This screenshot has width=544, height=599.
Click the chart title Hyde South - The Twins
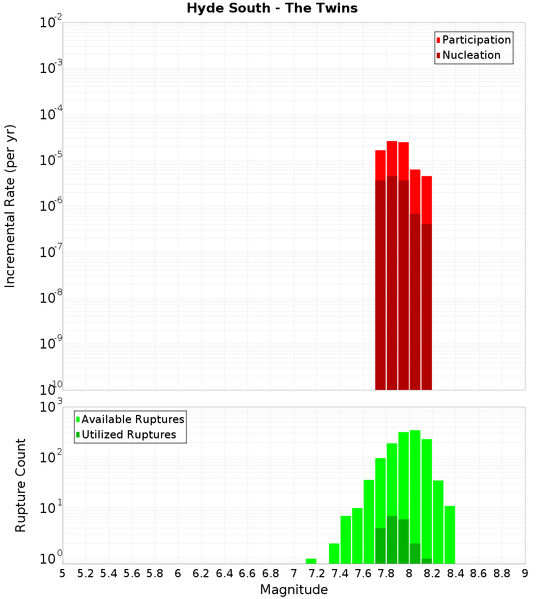[272, 9]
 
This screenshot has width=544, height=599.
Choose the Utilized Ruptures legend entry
[128, 435]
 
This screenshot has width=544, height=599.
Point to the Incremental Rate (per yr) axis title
[10, 206]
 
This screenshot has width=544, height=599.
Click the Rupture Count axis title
[21, 485]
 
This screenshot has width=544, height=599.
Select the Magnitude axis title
[294, 590]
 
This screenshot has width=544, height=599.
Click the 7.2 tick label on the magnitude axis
[317, 573]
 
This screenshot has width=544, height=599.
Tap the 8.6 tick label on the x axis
[479, 573]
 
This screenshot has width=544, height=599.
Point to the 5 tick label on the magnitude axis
[63, 573]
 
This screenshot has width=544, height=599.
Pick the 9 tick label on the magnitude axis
[525, 573]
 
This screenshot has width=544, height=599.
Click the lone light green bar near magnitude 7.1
[311, 561]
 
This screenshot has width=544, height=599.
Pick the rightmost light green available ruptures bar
[450, 534]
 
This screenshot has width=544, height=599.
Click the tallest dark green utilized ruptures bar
[392, 539]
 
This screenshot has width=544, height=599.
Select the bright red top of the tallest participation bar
[392, 158]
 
